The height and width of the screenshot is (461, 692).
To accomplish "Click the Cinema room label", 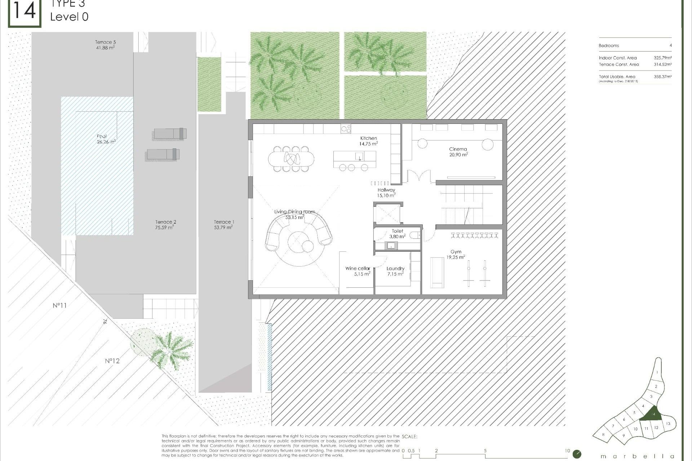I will click(x=458, y=149).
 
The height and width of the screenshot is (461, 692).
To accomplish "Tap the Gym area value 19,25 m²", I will click(x=456, y=258).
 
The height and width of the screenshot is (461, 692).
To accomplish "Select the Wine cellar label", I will click(x=358, y=268).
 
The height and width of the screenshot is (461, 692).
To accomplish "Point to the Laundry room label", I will click(x=395, y=268).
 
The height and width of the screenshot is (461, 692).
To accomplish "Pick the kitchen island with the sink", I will click(x=355, y=156).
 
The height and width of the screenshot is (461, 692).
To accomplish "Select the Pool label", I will click(x=102, y=136).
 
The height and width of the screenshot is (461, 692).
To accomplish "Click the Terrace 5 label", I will click(x=105, y=42).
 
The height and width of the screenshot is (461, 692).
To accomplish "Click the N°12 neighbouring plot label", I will click(x=112, y=361).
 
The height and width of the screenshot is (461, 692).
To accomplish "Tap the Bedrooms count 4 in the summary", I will click(x=670, y=46).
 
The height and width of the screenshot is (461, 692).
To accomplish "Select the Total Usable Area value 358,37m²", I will click(x=662, y=77).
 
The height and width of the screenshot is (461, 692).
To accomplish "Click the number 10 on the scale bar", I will click(x=567, y=451).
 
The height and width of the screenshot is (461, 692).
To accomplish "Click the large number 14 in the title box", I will click(x=25, y=12).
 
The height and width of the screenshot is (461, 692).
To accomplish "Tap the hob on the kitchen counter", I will click(x=346, y=129).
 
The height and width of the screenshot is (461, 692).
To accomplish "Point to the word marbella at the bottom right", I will click(x=637, y=456).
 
